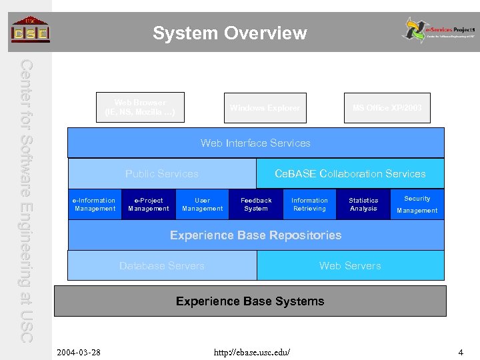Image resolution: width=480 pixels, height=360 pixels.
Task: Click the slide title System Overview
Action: [x=229, y=33]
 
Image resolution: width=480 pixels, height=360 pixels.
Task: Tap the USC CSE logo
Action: [x=30, y=30]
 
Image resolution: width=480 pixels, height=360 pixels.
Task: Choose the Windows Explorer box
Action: [x=265, y=108]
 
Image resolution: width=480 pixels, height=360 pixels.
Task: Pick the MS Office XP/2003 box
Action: [x=387, y=108]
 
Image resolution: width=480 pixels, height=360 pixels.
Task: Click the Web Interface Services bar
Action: [x=255, y=143]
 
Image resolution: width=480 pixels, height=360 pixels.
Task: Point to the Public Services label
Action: [x=162, y=173]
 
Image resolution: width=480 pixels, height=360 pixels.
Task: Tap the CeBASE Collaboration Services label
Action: [x=350, y=173]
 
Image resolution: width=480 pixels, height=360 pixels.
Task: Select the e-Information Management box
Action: [x=95, y=205]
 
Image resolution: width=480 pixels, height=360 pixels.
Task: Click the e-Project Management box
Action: [x=148, y=205]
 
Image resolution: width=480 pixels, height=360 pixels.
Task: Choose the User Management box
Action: [x=202, y=205]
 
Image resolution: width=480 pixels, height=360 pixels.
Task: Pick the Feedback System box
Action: [x=256, y=205]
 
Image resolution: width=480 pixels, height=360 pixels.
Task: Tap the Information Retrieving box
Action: [x=309, y=205]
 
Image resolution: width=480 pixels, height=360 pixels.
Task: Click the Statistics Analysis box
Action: [x=363, y=205]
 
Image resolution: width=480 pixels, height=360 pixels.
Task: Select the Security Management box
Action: [x=417, y=205]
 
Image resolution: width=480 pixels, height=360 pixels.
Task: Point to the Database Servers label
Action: [x=162, y=265]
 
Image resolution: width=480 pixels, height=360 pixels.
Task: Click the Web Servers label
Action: [x=350, y=265]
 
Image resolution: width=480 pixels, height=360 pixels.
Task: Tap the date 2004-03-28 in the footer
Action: [x=79, y=351]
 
